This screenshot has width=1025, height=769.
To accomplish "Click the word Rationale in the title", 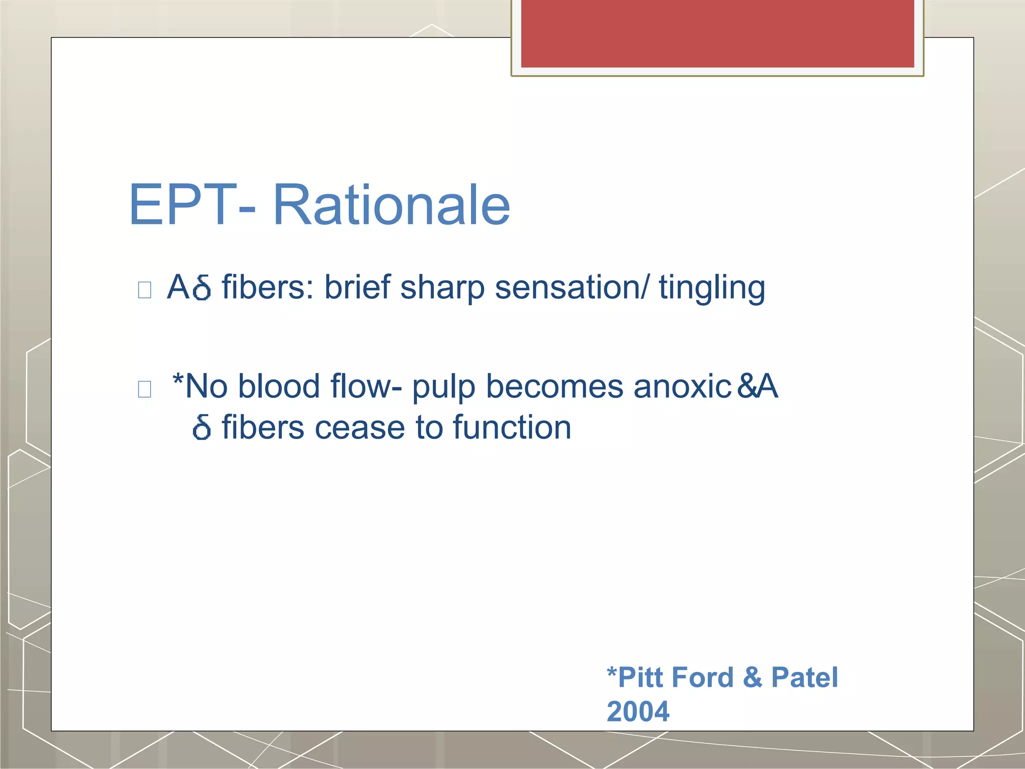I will (x=391, y=205).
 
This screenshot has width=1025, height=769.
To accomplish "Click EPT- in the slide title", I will (x=193, y=205).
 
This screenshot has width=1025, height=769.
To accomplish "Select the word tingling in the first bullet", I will (x=712, y=288).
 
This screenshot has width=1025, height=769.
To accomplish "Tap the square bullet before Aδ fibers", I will (x=145, y=290).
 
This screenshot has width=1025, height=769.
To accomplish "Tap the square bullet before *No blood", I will (x=145, y=389).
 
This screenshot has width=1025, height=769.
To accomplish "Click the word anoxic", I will (x=682, y=387).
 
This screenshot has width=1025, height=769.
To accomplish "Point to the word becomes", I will (x=554, y=387).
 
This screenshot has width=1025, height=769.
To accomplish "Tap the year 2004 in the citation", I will (x=638, y=711).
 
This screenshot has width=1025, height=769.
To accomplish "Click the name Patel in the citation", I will (x=804, y=677).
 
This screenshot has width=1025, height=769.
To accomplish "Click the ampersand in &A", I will (x=746, y=387).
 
